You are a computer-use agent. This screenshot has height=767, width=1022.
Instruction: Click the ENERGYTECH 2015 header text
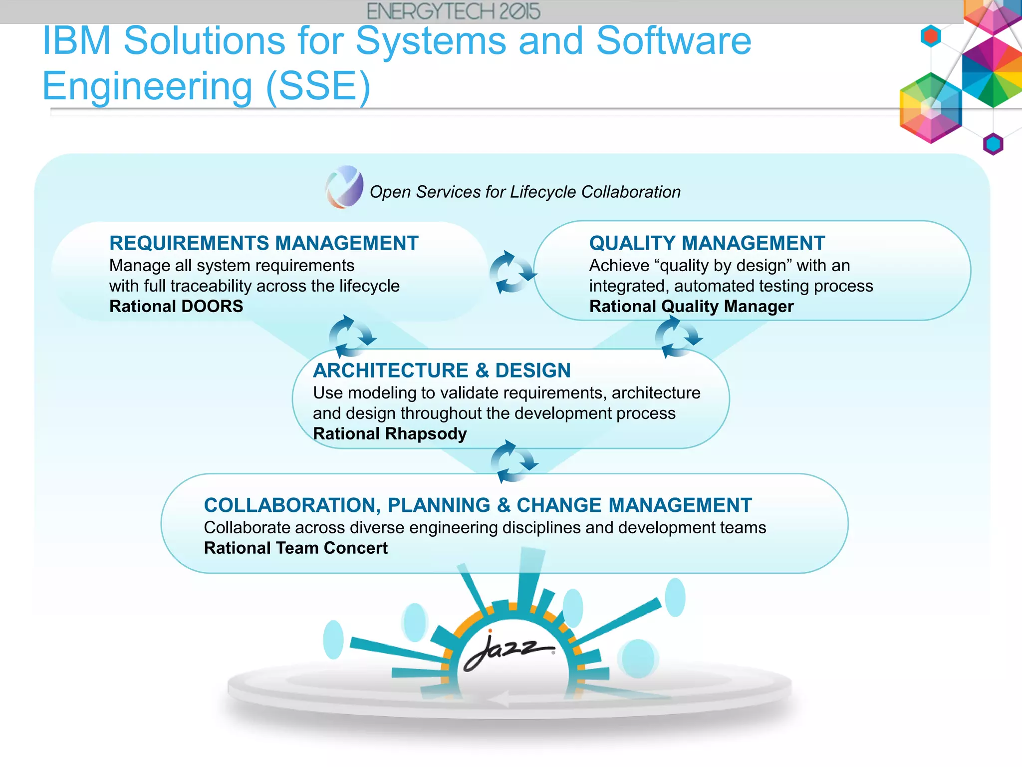point(453,11)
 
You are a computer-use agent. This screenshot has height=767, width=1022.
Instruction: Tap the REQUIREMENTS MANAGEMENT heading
point(263,243)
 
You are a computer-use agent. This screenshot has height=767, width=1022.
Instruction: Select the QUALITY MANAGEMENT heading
point(707,243)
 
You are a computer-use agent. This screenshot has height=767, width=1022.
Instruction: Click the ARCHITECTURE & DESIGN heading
point(442,371)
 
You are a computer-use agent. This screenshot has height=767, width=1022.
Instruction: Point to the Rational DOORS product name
point(176,306)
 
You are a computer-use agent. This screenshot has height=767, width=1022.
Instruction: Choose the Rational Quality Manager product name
point(691,306)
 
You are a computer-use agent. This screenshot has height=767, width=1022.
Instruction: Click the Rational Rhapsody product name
point(390,433)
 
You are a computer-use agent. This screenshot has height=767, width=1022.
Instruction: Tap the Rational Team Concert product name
point(295,548)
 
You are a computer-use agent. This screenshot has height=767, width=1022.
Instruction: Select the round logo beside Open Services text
point(344,187)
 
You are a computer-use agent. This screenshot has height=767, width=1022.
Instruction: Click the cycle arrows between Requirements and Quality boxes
point(512,273)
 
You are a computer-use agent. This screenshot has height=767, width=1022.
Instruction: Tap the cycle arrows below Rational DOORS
point(351,337)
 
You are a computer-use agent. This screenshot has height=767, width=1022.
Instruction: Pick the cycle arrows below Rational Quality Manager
point(677,337)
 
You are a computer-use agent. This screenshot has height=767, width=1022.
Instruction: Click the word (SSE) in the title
point(318,86)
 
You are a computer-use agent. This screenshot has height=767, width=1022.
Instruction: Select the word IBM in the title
point(76,41)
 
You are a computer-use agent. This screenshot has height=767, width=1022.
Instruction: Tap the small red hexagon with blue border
point(931,36)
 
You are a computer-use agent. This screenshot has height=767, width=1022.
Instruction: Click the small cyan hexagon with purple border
point(993,144)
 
